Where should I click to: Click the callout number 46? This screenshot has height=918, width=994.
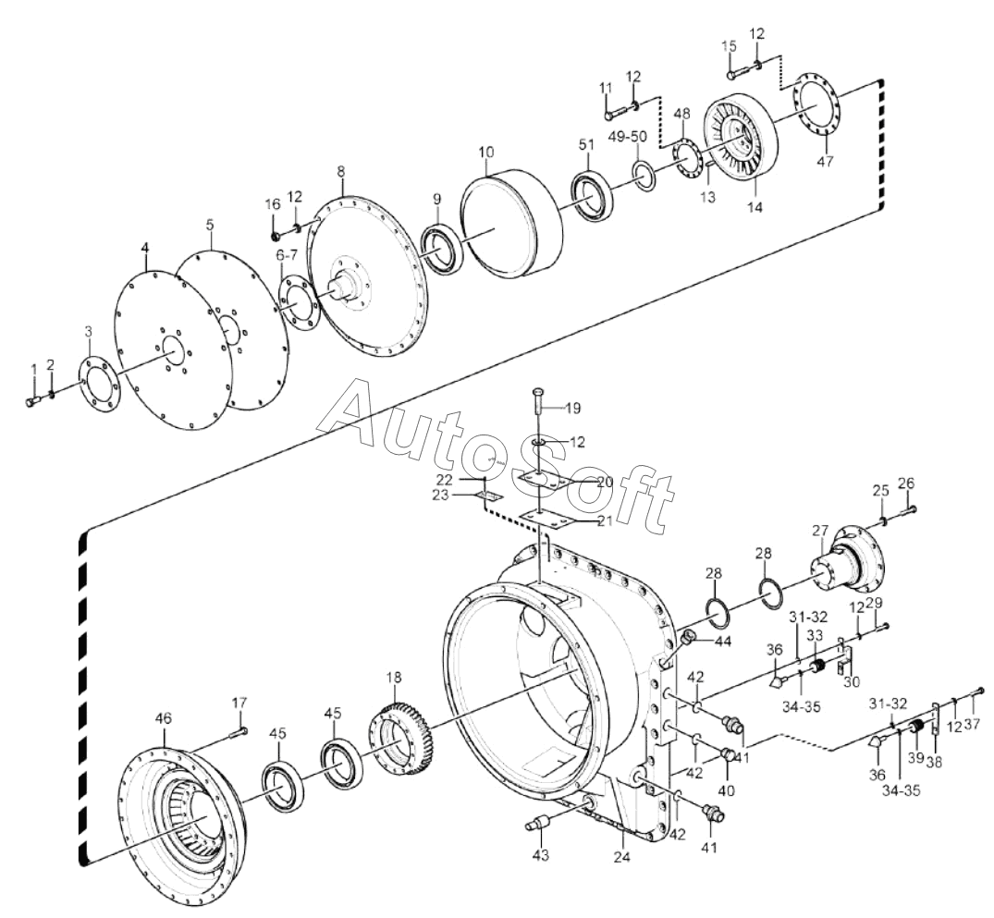pos(164,718)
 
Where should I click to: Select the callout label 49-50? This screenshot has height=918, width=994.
pos(626,137)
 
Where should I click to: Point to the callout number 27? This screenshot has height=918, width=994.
pos(820,531)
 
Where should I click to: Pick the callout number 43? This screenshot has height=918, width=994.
pos(541,856)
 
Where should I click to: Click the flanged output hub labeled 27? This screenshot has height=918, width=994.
pos(846,562)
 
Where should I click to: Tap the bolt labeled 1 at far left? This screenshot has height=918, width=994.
pos(32,400)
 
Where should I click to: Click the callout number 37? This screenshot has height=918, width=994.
pos(972,698)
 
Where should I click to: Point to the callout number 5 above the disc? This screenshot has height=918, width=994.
pos(210,225)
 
